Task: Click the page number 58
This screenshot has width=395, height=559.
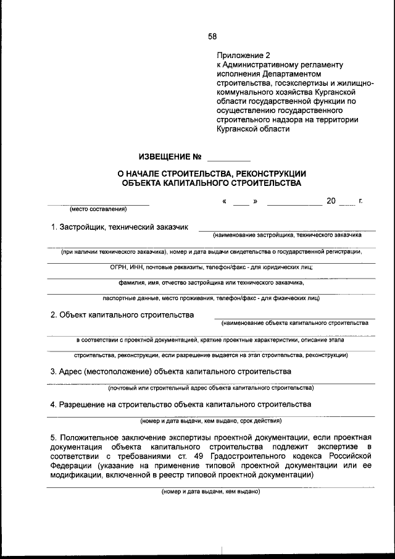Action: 212,36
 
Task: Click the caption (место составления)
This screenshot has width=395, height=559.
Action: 98,209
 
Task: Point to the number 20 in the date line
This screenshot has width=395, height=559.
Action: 331,201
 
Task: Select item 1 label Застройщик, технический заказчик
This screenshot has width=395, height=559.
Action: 119,227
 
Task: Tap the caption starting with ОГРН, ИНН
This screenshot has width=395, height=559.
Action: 211,267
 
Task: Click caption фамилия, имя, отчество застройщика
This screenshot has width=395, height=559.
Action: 211,282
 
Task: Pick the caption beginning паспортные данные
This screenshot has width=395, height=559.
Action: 211,298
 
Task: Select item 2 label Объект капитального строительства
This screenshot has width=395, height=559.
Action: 122,314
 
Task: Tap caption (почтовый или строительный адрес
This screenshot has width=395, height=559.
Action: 211,388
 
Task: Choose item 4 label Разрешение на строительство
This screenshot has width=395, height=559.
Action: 181,404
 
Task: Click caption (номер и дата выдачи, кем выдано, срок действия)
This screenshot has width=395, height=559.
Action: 211,421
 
